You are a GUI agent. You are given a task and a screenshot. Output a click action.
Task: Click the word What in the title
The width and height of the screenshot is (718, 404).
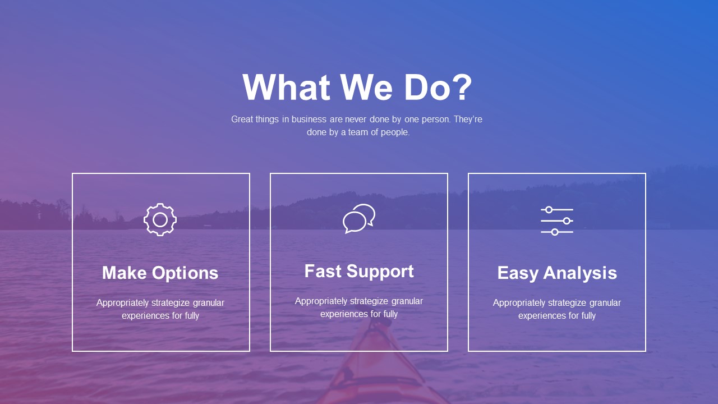click(x=286, y=87)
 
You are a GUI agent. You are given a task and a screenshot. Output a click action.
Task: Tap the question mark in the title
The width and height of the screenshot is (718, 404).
click(x=461, y=86)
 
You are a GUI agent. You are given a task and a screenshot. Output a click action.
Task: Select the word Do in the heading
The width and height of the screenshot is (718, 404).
click(x=425, y=87)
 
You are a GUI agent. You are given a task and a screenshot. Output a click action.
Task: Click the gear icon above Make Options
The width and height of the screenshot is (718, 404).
click(x=160, y=219)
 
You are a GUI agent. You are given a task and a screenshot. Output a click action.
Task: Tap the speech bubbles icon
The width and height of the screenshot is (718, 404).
click(x=358, y=219)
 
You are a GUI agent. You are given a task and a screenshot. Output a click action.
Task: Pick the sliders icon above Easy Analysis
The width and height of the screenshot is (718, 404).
click(x=557, y=221)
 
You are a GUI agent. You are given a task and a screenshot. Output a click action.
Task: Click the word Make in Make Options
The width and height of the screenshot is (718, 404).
click(x=125, y=273)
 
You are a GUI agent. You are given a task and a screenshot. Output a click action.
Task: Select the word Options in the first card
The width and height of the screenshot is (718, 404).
click(x=185, y=273)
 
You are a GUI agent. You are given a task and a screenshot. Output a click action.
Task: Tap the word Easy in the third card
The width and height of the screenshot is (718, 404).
click(x=518, y=273)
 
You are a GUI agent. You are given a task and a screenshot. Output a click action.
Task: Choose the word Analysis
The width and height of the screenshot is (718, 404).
click(x=580, y=273)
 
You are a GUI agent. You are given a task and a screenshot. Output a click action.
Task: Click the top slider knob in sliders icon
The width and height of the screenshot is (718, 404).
click(x=549, y=210)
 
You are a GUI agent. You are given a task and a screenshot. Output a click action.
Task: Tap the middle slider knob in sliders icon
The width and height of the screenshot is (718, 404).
click(x=567, y=221)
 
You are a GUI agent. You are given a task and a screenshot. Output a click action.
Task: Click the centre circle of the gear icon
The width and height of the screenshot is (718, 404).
click(x=160, y=220)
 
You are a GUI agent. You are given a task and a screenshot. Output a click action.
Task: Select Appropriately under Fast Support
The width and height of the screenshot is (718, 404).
click(x=321, y=301)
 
